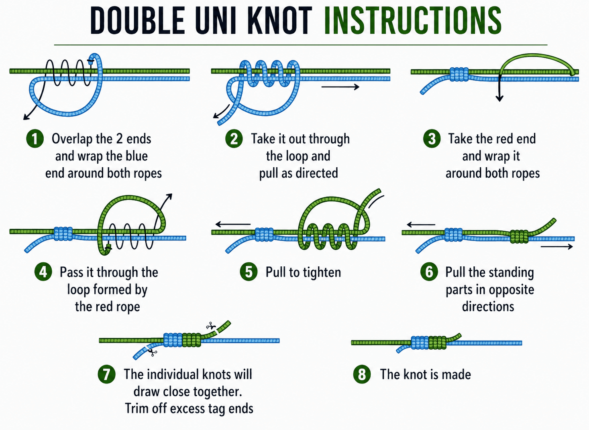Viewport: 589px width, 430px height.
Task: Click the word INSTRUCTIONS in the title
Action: (x=413, y=21)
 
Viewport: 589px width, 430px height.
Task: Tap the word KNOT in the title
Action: (x=279, y=21)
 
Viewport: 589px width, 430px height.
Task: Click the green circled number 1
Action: (x=35, y=139)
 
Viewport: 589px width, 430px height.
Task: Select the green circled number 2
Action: (x=234, y=139)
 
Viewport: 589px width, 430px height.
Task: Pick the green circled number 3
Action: (x=432, y=139)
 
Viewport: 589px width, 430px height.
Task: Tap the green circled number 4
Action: (x=43, y=272)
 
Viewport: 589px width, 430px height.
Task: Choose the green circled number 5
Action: (x=249, y=272)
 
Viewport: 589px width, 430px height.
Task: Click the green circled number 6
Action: (x=429, y=272)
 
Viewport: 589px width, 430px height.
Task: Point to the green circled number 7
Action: (x=106, y=374)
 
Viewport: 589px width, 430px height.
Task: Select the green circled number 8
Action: (x=362, y=374)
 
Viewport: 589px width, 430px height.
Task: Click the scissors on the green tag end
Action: (x=210, y=325)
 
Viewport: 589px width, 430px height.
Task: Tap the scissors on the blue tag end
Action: (x=153, y=353)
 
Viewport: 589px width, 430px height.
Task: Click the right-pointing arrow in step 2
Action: (x=340, y=87)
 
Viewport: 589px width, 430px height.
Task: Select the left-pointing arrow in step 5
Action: (x=233, y=224)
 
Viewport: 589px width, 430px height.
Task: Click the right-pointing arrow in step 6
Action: (x=556, y=247)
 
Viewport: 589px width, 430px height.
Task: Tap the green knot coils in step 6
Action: (x=519, y=236)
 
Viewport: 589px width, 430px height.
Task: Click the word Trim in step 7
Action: (x=137, y=408)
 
